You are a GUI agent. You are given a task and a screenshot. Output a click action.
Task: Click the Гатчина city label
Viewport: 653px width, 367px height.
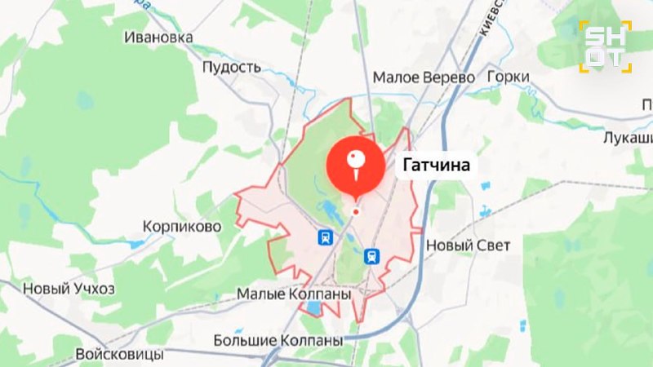pyautogui.click(x=436, y=166)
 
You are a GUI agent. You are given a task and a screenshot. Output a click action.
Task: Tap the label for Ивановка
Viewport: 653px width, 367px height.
pyautogui.click(x=158, y=38)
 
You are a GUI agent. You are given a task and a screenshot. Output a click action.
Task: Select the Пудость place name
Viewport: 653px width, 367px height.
pyautogui.click(x=231, y=67)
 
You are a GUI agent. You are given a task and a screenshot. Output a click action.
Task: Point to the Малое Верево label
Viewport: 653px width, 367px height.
pyautogui.click(x=424, y=77)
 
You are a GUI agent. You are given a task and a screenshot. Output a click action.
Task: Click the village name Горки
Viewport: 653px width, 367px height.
pyautogui.click(x=507, y=77)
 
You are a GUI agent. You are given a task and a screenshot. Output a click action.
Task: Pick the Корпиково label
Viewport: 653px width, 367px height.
pyautogui.click(x=181, y=226)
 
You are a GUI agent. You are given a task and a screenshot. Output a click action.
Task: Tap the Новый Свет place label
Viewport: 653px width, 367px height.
pyautogui.click(x=469, y=245)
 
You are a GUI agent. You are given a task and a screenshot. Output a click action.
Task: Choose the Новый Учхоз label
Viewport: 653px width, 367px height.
pyautogui.click(x=69, y=289)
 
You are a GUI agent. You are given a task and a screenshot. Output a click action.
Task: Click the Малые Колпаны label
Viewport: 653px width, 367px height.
pyautogui.click(x=294, y=293)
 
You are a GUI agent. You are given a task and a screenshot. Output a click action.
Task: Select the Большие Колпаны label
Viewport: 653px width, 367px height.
pyautogui.click(x=277, y=339)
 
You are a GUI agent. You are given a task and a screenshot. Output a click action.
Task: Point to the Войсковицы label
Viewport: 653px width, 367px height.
pyautogui.click(x=119, y=356)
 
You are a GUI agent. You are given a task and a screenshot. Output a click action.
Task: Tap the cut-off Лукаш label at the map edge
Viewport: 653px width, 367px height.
pyautogui.click(x=628, y=139)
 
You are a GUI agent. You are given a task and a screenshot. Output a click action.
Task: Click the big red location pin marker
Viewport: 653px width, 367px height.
pyautogui.click(x=356, y=164)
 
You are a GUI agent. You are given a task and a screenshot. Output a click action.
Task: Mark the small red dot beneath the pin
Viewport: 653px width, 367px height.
pyautogui.click(x=356, y=212)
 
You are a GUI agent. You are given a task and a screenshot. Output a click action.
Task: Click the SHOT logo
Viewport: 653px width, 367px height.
pyautogui.click(x=605, y=46)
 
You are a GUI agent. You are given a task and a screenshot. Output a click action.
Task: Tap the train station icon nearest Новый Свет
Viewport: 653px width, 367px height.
pyautogui.click(x=372, y=256)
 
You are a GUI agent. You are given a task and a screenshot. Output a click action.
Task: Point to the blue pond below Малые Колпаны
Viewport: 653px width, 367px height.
pyautogui.click(x=313, y=308)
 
